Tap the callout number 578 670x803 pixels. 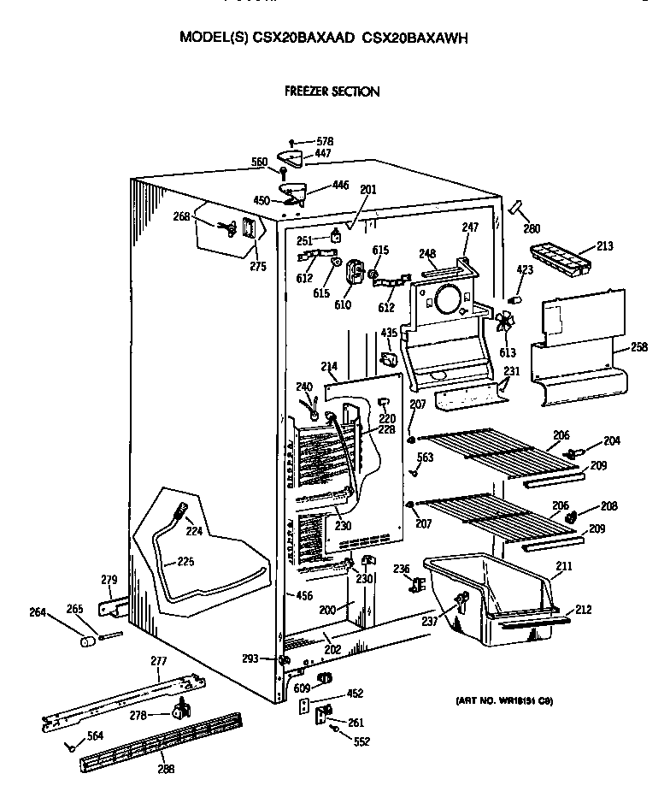click(x=324, y=141)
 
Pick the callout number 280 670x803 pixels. click(x=532, y=228)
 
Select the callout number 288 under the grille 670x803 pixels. click(x=166, y=768)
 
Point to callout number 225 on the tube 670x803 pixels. click(x=185, y=562)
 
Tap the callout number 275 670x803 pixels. click(x=258, y=266)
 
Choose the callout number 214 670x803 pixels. click(x=329, y=366)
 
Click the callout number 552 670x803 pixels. click(x=361, y=741)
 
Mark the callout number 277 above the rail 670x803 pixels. click(x=158, y=660)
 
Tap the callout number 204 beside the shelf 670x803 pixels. click(x=611, y=441)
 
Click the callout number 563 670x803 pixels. click(x=425, y=458)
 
